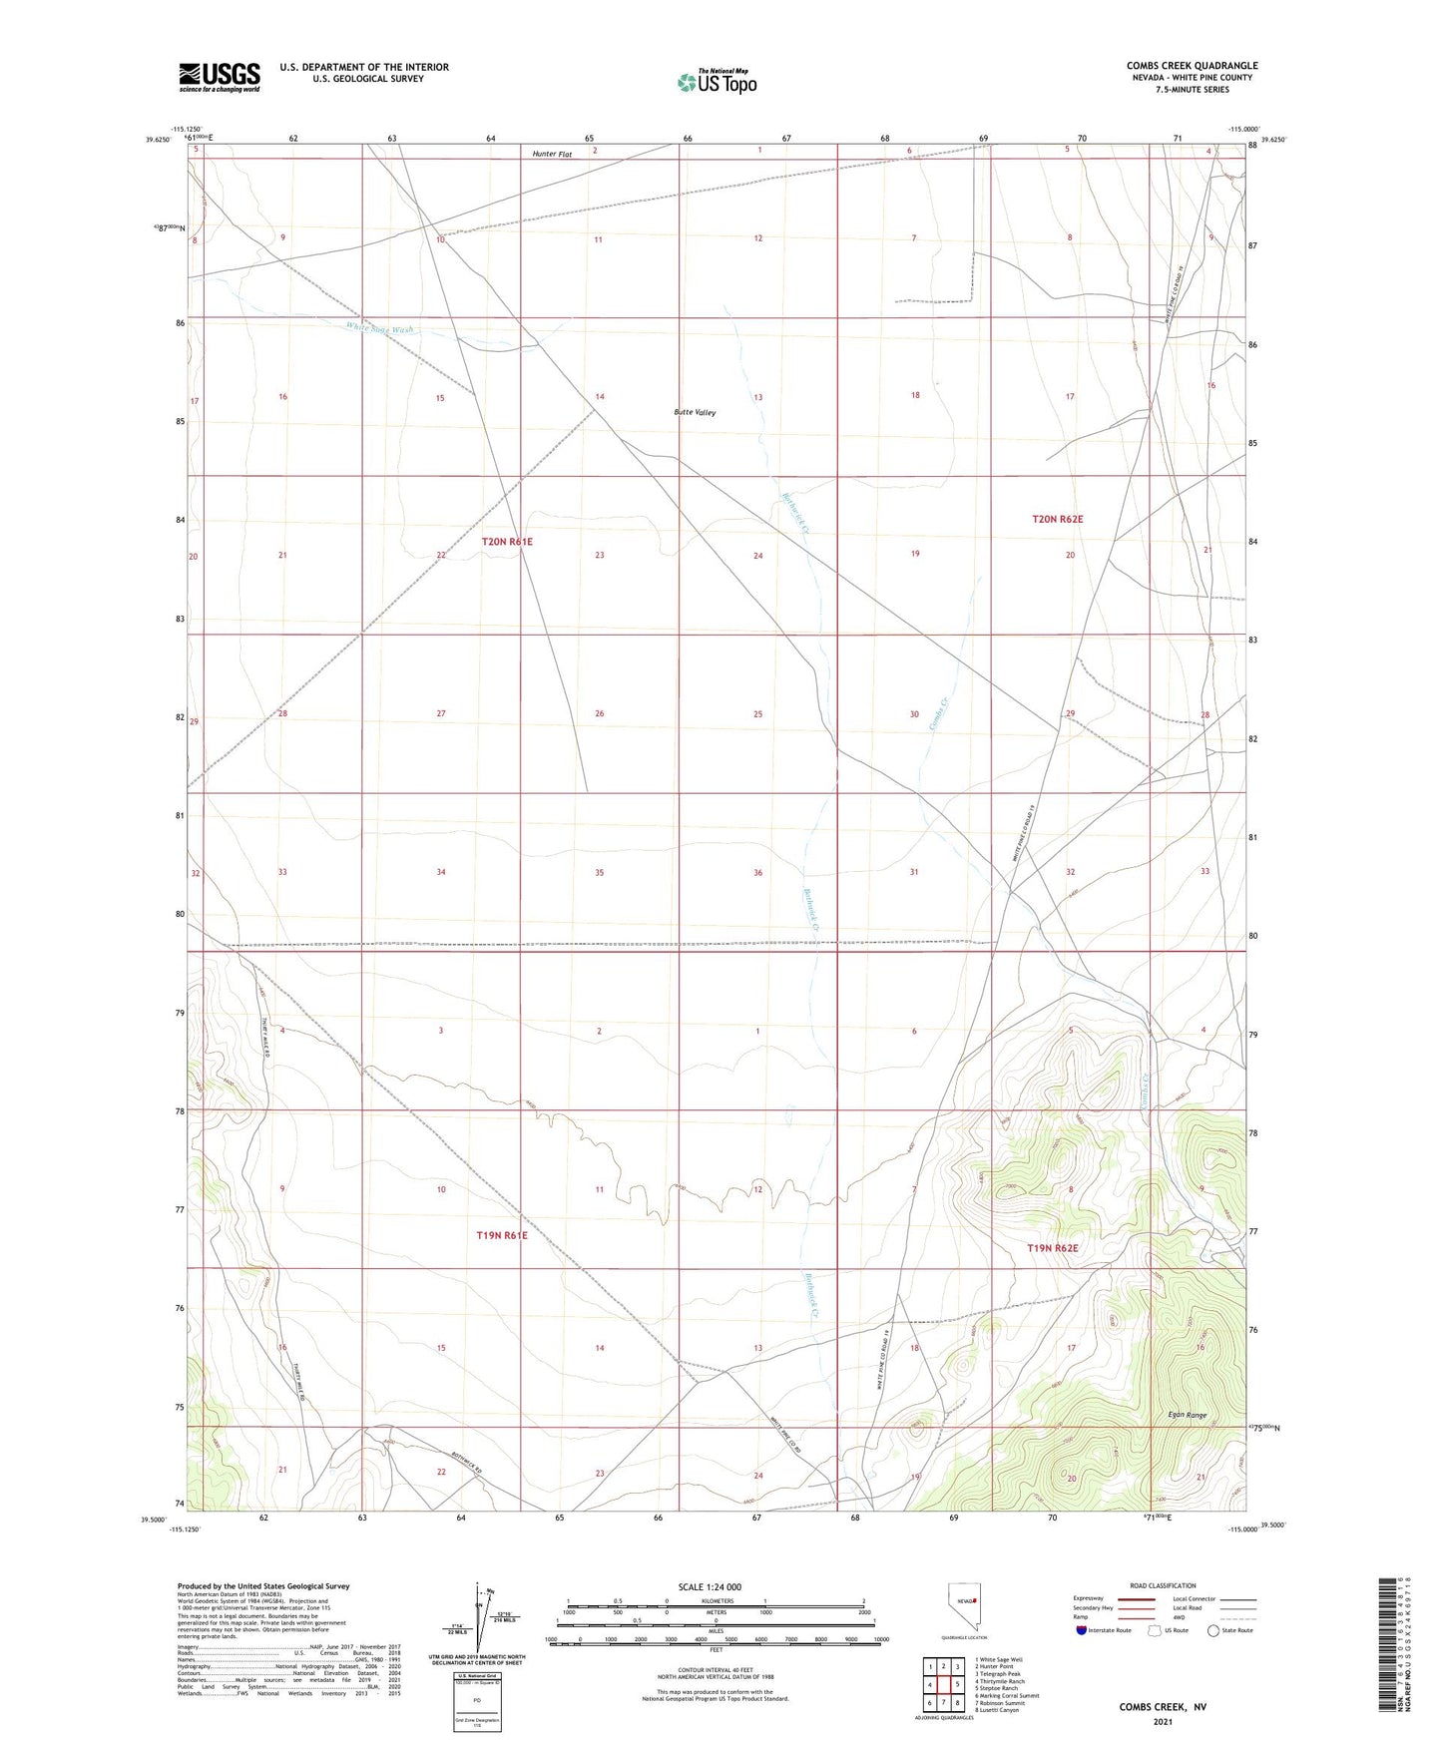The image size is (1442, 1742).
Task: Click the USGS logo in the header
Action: coord(220,76)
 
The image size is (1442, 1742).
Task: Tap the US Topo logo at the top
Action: coord(717,81)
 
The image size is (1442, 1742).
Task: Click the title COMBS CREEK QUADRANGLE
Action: coord(1192,66)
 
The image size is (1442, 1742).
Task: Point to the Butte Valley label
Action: coord(695,412)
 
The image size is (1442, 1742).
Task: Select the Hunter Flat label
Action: coord(552,154)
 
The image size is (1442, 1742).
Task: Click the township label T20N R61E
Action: coord(507,541)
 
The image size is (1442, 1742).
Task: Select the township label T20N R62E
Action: coord(1057,519)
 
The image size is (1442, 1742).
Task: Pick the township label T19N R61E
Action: coord(501,1235)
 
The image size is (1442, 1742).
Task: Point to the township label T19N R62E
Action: coord(1053,1248)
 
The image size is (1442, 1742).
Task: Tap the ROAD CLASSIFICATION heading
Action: coord(1163,1585)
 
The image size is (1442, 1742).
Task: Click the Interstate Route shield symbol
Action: coord(1082,1630)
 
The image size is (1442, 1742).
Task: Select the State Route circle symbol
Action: coord(1213,1630)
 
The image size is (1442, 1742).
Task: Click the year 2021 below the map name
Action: coord(1163,1722)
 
